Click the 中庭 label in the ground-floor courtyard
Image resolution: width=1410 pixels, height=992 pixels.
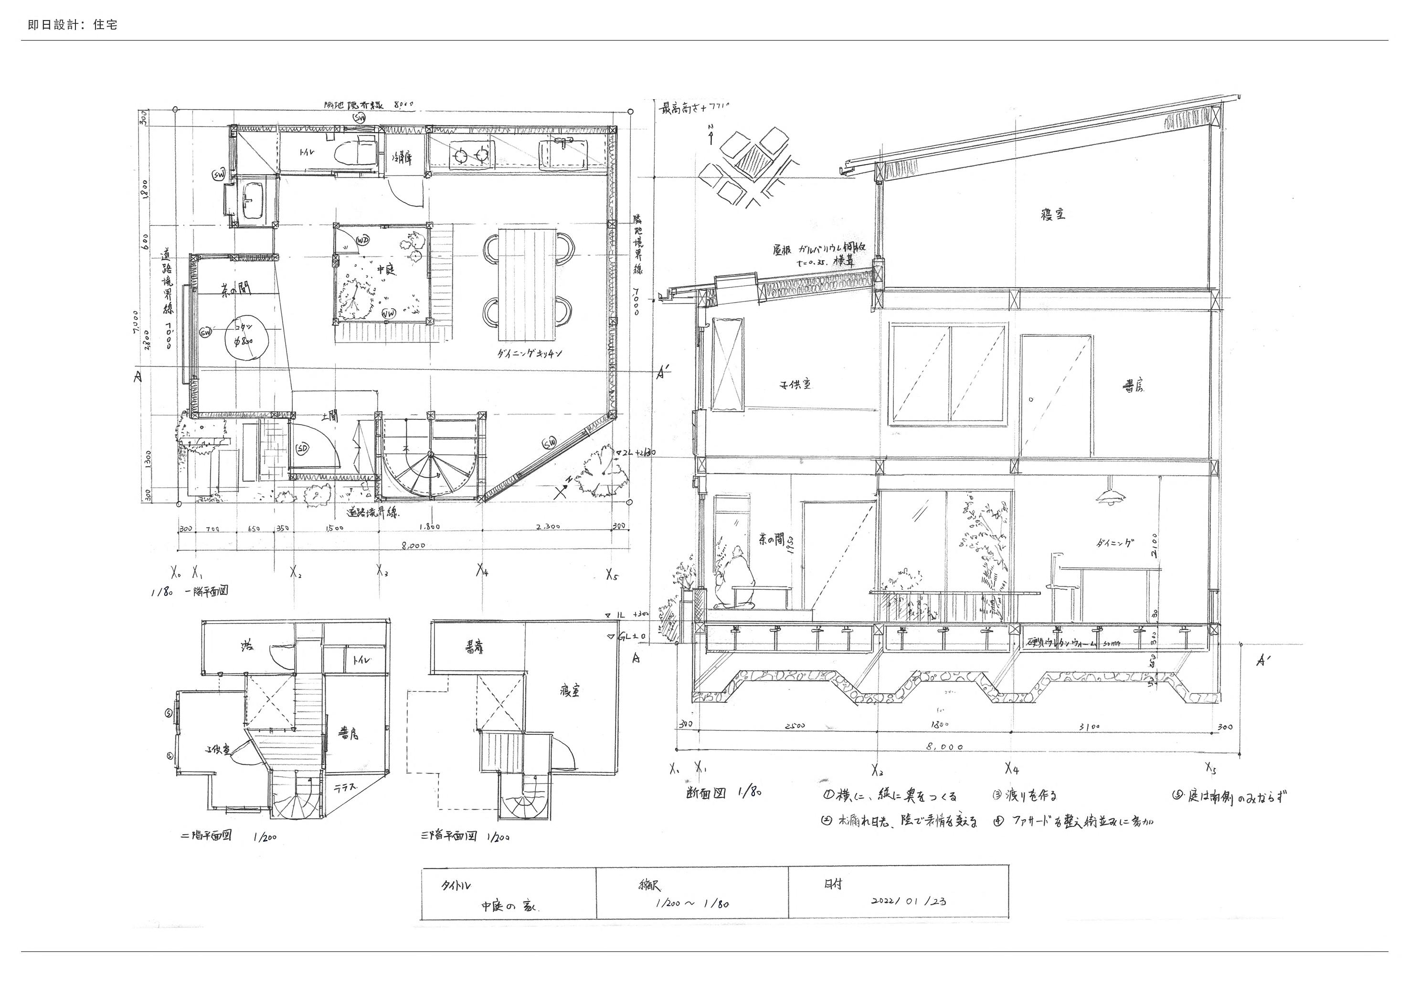coord(384,269)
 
